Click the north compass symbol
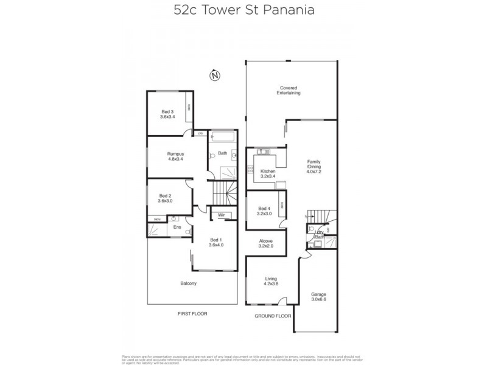tap(214, 76)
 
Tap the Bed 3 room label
tap(167, 111)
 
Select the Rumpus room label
tap(175, 154)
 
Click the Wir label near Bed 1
tap(222, 215)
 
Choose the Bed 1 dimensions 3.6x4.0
tap(216, 245)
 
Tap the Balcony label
tap(188, 283)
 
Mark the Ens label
tap(177, 228)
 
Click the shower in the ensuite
tap(156, 230)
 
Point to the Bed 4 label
tap(265, 209)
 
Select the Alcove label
tap(265, 242)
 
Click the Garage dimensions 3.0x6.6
tap(318, 299)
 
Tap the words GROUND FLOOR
tap(272, 316)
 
